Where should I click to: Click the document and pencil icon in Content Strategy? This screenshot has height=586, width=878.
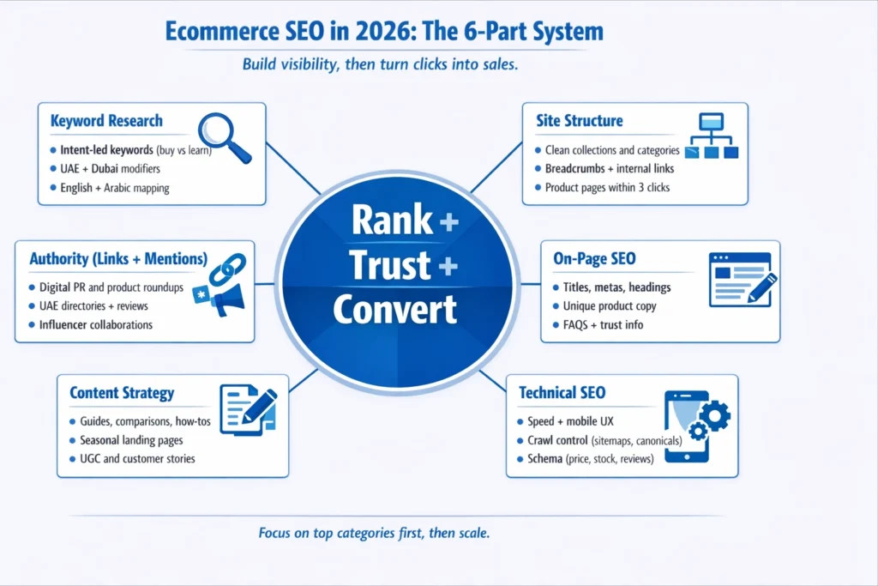(x=248, y=408)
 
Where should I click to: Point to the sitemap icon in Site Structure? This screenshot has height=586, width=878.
(x=712, y=136)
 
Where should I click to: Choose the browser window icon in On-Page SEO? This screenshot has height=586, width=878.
(x=739, y=280)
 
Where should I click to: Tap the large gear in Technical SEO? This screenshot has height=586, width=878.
(x=713, y=416)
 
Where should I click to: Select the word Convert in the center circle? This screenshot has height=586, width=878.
(x=394, y=309)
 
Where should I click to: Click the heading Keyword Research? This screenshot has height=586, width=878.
(x=106, y=121)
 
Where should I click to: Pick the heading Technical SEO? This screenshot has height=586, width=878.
(x=562, y=393)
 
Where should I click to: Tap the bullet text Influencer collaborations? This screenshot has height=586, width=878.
(x=96, y=325)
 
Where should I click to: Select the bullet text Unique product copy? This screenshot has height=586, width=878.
(x=610, y=305)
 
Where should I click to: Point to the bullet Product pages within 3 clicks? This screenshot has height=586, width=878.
(x=607, y=187)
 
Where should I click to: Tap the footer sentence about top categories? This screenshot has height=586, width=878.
(x=374, y=533)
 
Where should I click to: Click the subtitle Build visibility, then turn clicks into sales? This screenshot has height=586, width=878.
(x=380, y=65)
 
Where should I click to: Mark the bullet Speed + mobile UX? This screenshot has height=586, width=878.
(x=570, y=421)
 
